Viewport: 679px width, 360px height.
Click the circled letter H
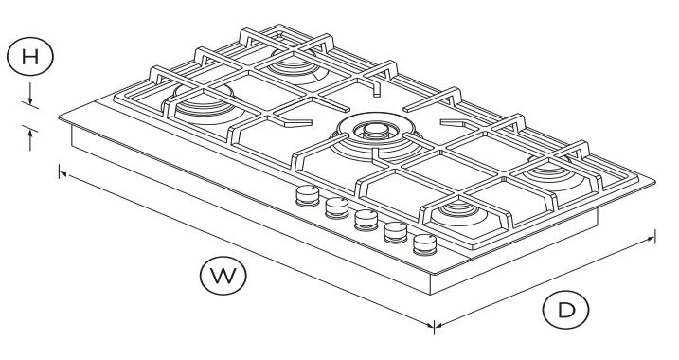30,55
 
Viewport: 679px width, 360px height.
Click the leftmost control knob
307,196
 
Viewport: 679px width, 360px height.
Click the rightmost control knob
425,244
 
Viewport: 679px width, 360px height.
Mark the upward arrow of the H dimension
32,138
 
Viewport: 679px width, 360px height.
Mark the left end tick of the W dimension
61,172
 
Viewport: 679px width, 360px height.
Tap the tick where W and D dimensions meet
434,327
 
